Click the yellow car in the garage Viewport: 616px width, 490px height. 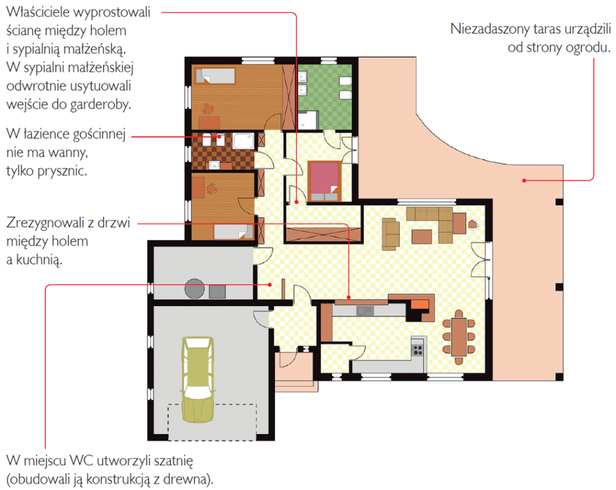[x=198, y=380]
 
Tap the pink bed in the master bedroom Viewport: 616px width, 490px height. [x=325, y=181]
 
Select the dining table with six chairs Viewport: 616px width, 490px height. [x=459, y=337]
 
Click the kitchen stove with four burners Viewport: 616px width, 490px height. [x=418, y=350]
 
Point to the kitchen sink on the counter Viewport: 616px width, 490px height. [x=365, y=311]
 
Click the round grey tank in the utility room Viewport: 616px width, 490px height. [x=194, y=289]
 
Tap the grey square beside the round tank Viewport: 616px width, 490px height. [x=217, y=292]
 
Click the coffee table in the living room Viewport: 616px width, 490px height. [x=422, y=237]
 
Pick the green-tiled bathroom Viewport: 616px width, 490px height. [x=325, y=97]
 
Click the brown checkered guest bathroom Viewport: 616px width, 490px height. [x=223, y=152]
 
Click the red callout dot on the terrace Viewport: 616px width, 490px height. [x=524, y=181]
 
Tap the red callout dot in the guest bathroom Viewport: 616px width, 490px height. [x=219, y=137]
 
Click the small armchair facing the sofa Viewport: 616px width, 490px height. [x=391, y=234]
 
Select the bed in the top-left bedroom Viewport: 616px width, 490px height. [x=215, y=76]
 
